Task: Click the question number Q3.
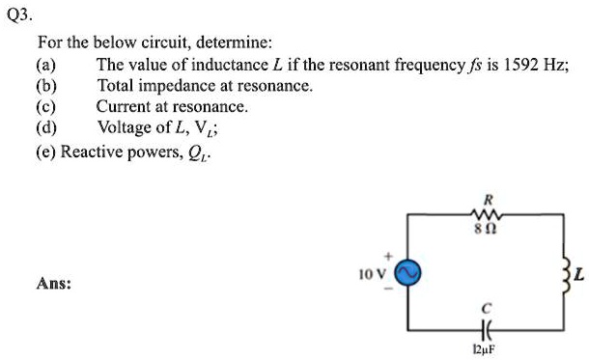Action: pyautogui.click(x=18, y=16)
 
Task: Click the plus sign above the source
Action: pyautogui.click(x=388, y=258)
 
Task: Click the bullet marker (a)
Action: pyautogui.click(x=45, y=66)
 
